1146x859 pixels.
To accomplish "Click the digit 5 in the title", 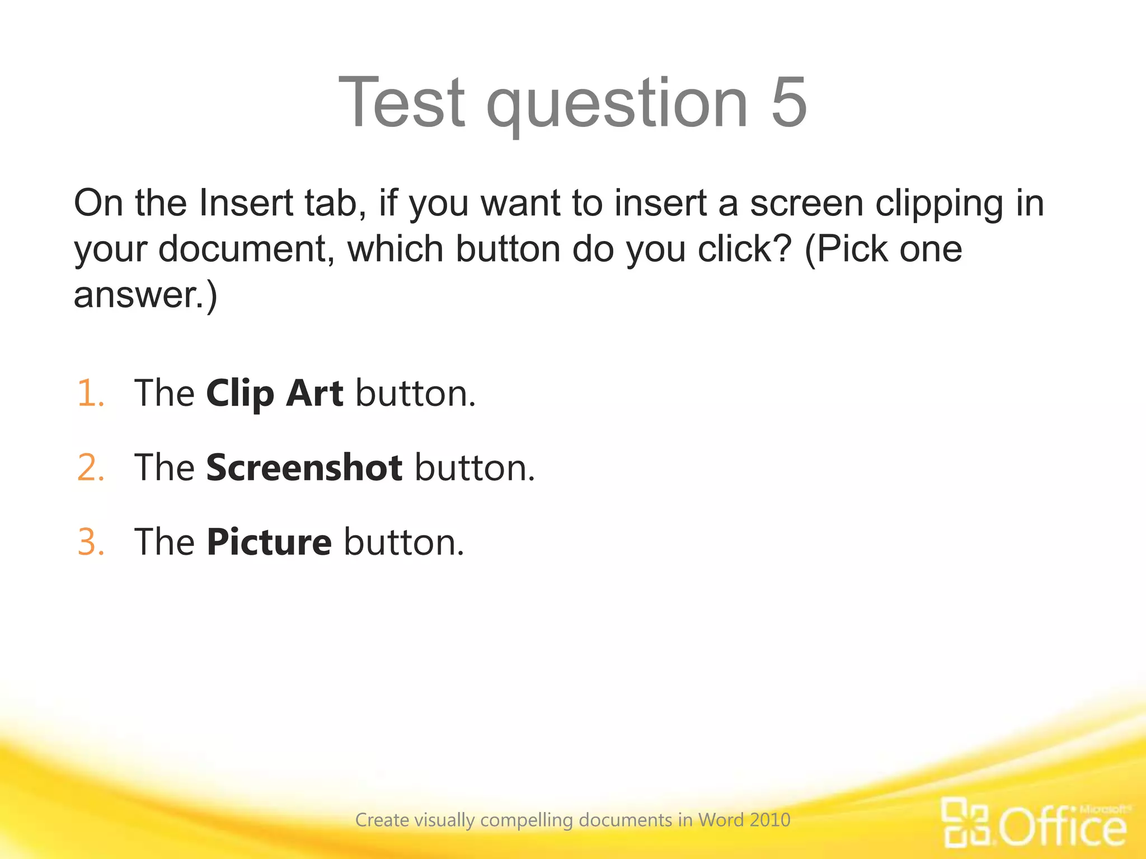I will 788,102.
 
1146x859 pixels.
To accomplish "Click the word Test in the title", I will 402,102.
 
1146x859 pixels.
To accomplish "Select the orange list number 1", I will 90,393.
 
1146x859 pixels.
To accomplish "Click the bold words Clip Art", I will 274,394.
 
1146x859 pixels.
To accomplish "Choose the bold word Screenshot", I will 304,468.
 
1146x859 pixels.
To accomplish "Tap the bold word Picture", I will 269,542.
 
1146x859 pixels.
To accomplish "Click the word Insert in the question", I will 246,202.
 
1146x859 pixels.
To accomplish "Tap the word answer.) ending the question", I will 145,295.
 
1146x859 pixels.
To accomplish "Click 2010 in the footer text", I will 770,820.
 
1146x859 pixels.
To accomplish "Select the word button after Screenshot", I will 475,468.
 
